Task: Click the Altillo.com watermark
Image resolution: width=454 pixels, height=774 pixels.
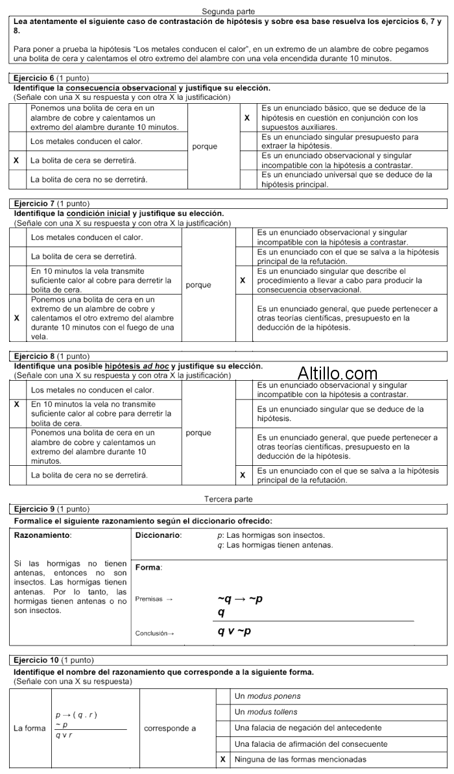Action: click(x=337, y=374)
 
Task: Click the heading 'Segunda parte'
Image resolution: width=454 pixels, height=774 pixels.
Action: click(x=228, y=12)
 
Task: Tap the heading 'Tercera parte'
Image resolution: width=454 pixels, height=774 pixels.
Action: click(x=228, y=499)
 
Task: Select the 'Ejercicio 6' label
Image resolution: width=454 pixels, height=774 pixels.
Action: click(x=34, y=78)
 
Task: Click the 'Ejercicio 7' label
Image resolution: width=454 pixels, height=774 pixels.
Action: click(x=34, y=204)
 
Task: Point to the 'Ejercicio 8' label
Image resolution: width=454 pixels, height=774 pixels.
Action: click(x=34, y=356)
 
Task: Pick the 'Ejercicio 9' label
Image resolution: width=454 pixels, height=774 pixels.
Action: click(x=34, y=509)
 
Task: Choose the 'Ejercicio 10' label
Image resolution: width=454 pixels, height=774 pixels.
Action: click(x=36, y=660)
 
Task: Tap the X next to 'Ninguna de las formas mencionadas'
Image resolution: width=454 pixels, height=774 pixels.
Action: click(x=223, y=759)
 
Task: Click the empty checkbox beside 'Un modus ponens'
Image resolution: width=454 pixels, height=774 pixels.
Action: click(x=223, y=696)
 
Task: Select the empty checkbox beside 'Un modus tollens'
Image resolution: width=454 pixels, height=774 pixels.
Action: click(x=223, y=712)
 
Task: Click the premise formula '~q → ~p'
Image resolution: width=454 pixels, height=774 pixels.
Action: click(x=240, y=599)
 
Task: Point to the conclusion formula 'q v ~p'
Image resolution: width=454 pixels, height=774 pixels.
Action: click(x=235, y=631)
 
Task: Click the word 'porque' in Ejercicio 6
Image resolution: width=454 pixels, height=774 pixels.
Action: click(x=205, y=146)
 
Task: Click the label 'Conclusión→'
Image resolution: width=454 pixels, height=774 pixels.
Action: click(x=154, y=633)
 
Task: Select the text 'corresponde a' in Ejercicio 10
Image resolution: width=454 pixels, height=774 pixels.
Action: click(x=170, y=728)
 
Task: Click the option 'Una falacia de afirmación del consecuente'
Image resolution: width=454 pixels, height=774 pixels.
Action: click(x=311, y=744)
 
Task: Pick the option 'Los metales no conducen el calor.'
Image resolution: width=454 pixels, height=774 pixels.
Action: click(x=92, y=390)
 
